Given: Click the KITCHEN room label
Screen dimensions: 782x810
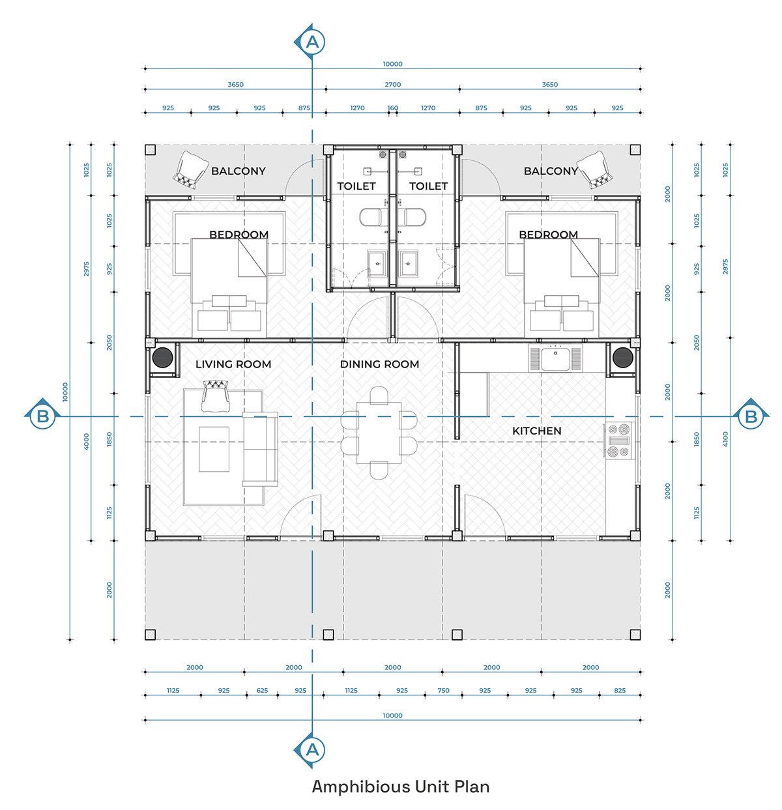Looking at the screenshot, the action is [536, 430].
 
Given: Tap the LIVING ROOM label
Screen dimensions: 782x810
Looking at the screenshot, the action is [233, 364].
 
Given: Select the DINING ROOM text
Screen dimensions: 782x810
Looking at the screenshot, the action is [379, 364].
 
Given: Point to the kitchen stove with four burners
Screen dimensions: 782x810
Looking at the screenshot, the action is [619, 441].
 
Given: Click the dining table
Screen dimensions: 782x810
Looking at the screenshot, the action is [379, 433].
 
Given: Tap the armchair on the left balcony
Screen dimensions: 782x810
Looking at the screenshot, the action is [190, 170].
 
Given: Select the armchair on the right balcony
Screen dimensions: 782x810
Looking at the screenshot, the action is [595, 170].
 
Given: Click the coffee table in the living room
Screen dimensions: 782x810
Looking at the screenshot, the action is [214, 449].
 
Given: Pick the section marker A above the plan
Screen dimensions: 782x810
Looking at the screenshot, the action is [311, 42].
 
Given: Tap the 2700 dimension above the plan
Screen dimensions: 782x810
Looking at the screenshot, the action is [392, 85].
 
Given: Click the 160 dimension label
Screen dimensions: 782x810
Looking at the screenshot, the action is [392, 108].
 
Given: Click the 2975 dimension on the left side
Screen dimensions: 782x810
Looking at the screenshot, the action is [86, 269].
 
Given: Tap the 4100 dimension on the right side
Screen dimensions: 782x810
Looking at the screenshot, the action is [725, 439].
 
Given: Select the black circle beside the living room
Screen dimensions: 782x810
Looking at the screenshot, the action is [162, 357].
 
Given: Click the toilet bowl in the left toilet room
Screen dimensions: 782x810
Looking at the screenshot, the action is [370, 217].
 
